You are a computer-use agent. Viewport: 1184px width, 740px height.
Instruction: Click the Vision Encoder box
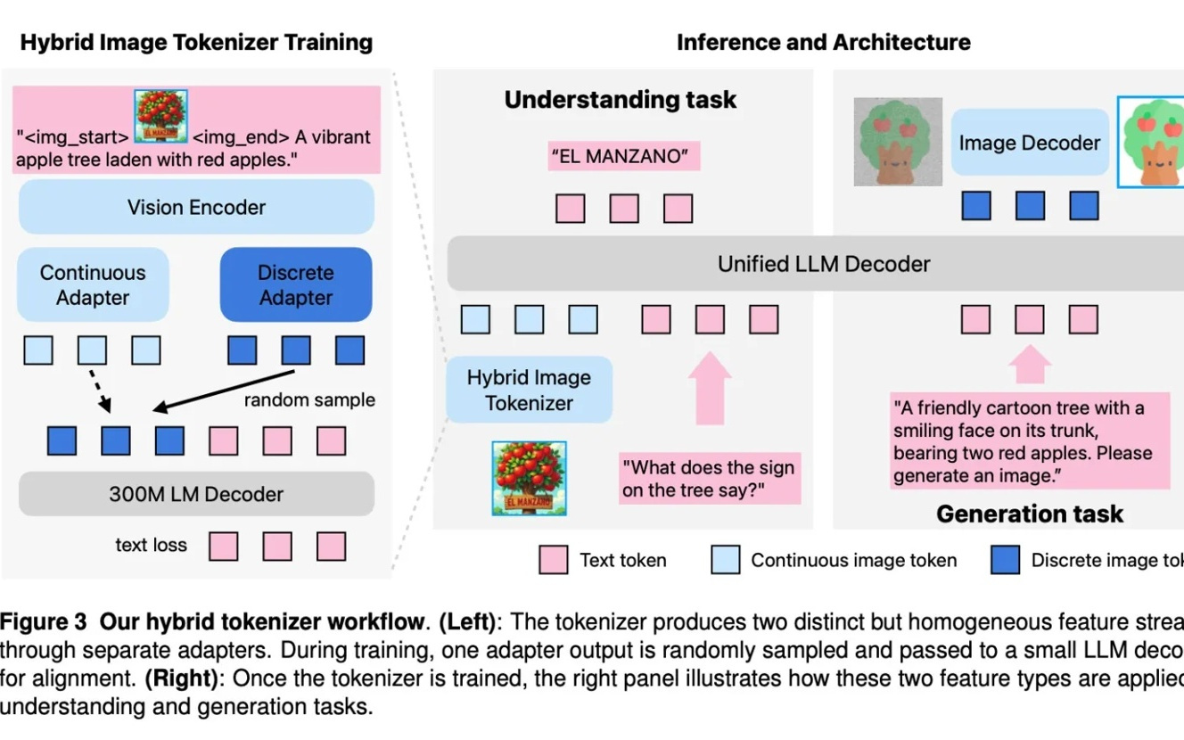point(196,208)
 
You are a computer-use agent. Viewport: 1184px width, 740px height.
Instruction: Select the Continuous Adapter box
point(93,285)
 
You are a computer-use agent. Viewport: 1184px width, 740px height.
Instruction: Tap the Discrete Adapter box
point(296,285)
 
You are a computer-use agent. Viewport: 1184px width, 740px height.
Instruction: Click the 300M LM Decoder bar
point(196,494)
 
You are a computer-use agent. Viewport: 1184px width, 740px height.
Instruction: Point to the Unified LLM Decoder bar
point(823,264)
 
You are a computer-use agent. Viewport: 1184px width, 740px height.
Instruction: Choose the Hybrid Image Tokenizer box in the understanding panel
point(529,391)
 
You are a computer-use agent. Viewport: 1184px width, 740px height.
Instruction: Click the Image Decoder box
point(1029,143)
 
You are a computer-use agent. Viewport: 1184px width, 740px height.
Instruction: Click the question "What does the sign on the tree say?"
point(709,479)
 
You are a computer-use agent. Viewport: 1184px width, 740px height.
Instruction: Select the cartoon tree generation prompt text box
point(1029,442)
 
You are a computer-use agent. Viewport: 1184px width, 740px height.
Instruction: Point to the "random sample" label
point(309,400)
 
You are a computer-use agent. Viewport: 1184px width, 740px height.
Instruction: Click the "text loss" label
point(151,545)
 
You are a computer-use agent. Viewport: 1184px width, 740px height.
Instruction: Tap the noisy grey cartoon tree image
point(897,142)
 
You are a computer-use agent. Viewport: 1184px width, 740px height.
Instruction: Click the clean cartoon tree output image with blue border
point(1151,143)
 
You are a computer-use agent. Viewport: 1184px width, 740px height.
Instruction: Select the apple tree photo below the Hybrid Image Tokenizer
point(529,479)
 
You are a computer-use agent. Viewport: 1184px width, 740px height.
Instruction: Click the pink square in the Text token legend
point(554,560)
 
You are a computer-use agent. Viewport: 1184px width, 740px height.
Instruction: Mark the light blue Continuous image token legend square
point(726,560)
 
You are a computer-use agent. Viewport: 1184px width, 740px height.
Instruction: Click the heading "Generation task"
point(1029,514)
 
